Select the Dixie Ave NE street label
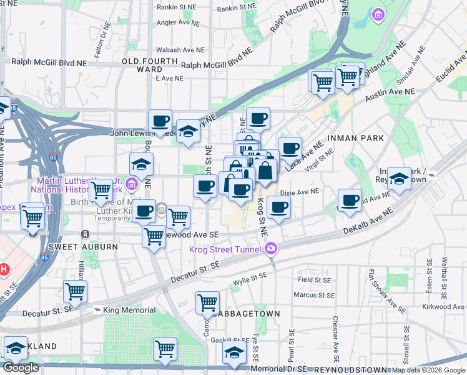click(300, 192)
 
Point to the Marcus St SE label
click(314, 295)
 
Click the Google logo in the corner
click(21, 367)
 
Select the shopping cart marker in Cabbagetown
click(207, 303)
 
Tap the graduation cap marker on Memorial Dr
click(235, 354)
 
